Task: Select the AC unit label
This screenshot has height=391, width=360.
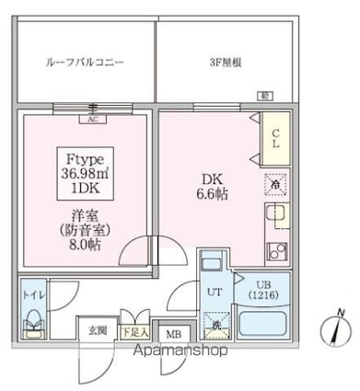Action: point(91,119)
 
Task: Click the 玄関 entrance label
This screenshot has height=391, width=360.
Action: point(98,329)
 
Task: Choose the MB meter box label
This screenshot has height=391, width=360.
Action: point(172,334)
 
